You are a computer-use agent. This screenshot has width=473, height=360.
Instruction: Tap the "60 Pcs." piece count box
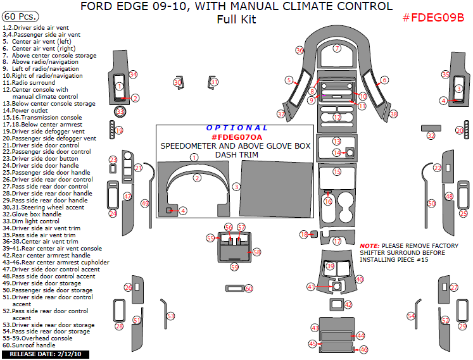pyautogui.click(x=20, y=16)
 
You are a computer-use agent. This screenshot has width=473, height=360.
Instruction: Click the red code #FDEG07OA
pyautogui.click(x=236, y=137)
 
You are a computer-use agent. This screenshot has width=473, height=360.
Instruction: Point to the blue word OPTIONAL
pyautogui.click(x=237, y=128)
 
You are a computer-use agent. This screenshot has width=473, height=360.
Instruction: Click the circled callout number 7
pyautogui.click(x=337, y=48)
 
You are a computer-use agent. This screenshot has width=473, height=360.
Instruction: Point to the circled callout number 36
pyautogui.click(x=300, y=50)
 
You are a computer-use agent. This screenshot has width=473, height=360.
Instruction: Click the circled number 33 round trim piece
pyautogui.click(x=120, y=112)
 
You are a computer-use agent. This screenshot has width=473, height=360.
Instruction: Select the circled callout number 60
pyautogui.click(x=249, y=289)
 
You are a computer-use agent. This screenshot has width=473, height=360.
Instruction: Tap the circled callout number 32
pyautogui.click(x=431, y=135)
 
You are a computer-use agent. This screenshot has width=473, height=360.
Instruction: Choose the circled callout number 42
pyautogui.click(x=348, y=305)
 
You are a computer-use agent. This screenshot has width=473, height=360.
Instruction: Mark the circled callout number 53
pyautogui.click(x=170, y=316)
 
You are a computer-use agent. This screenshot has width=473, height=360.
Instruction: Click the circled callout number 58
pyautogui.click(x=256, y=252)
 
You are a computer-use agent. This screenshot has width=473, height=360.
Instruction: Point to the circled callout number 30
pyautogui.click(x=177, y=83)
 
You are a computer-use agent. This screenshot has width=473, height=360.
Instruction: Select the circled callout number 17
pyautogui.click(x=337, y=241)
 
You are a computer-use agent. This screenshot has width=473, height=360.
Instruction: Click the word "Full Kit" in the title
pyautogui.click(x=236, y=20)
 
